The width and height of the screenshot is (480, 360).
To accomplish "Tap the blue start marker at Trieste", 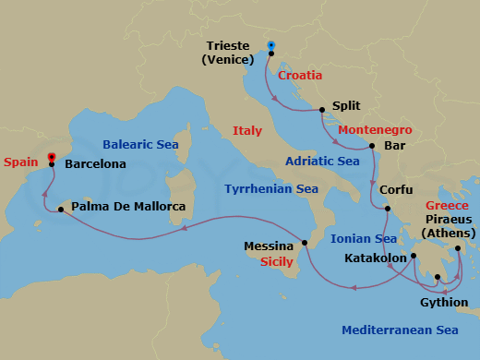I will pyautogui.click(x=270, y=44).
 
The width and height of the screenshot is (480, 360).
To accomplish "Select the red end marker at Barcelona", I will pyautogui.click(x=52, y=156).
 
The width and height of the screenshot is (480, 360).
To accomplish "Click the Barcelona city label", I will pyautogui.click(x=96, y=164).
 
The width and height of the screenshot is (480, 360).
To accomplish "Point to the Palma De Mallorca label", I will pyautogui.click(x=128, y=207).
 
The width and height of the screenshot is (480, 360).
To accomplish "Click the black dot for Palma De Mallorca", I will pyautogui.click(x=60, y=210).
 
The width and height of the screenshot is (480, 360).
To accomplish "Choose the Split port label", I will pyautogui.click(x=346, y=106).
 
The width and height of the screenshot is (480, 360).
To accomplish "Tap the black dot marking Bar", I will pyautogui.click(x=371, y=146).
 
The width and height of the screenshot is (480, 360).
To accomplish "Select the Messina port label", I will pyautogui.click(x=269, y=246).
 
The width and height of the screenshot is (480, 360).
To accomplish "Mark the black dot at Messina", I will pyautogui.click(x=304, y=245).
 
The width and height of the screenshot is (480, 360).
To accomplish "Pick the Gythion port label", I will pyautogui.click(x=443, y=302).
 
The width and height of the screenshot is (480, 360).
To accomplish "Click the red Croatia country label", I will pyautogui.click(x=300, y=76).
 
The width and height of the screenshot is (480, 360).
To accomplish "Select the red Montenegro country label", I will pyautogui.click(x=375, y=130).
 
